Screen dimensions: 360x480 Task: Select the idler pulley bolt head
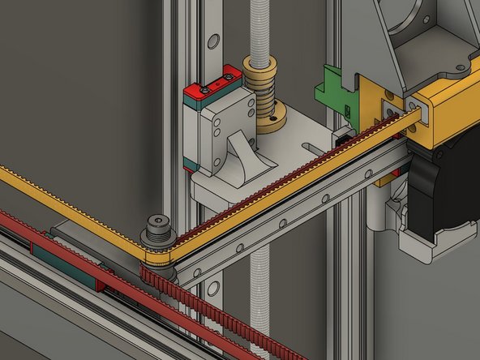click(x=156, y=225)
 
